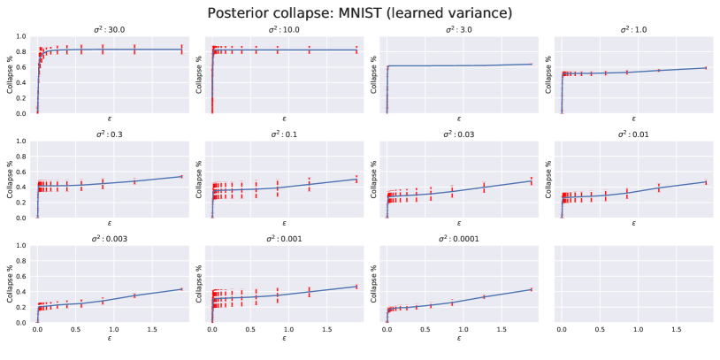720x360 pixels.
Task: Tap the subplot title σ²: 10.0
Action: pyautogui.click(x=284, y=29)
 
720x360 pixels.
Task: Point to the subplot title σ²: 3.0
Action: pyautogui.click(x=459, y=29)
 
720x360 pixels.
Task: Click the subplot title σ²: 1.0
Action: pyautogui.click(x=633, y=29)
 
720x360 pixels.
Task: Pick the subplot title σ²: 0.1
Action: pyautogui.click(x=284, y=134)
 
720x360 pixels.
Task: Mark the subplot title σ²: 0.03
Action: pyautogui.click(x=459, y=134)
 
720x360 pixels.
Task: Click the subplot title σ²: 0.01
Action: pyautogui.click(x=633, y=134)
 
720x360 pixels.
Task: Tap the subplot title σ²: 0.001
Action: pyautogui.click(x=284, y=239)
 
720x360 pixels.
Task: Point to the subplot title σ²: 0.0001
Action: pyautogui.click(x=459, y=239)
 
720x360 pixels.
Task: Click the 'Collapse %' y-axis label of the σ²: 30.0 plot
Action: pyautogui.click(x=11, y=75)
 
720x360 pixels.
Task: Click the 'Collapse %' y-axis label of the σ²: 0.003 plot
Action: pyautogui.click(x=11, y=284)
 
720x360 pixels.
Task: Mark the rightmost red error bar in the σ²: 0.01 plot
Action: pyautogui.click(x=705, y=182)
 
